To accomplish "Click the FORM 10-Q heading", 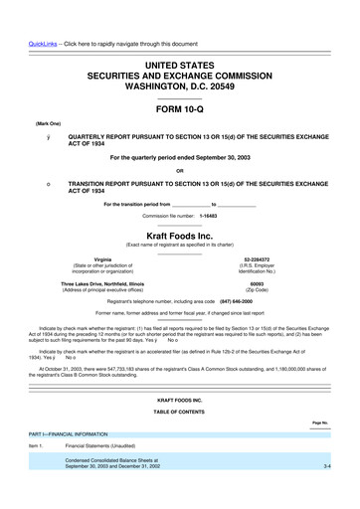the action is pos(180,109).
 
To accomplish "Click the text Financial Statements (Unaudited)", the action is pos(106,447).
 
